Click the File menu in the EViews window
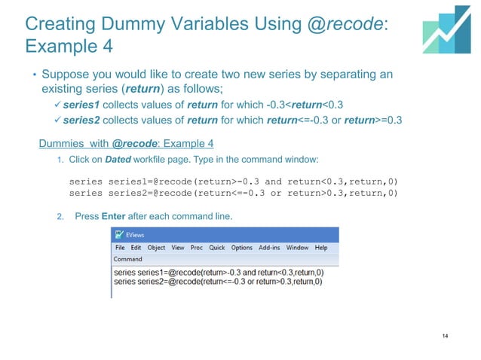pos(120,248)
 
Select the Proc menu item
pos(197,248)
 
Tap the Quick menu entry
pos(217,248)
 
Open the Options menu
pos(242,248)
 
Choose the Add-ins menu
pos(269,248)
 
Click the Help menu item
pos(321,248)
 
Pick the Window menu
pos(297,248)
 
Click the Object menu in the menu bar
pos(156,248)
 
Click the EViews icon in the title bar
pos(119,236)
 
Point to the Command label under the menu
pos(127,258)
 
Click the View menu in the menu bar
pos(177,248)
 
